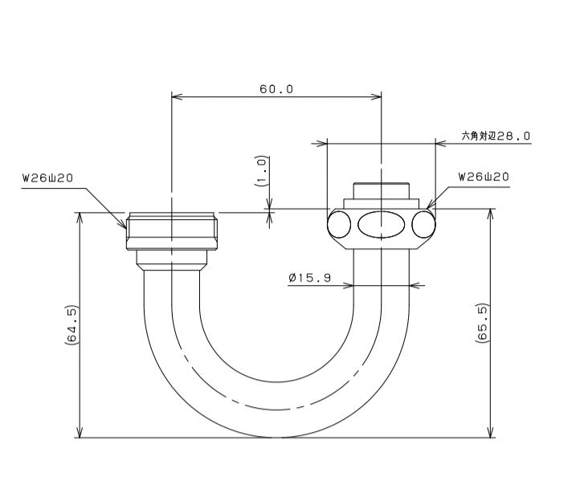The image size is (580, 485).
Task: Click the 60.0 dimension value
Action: pos(276,89)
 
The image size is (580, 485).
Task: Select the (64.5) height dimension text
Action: pos(71,325)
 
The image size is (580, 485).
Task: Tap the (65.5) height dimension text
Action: pos(483,323)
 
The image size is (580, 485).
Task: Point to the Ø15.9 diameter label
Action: pos(309,278)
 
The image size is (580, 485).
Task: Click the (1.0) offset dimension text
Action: pos(262,171)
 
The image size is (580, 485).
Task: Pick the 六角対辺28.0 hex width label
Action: pos(496,136)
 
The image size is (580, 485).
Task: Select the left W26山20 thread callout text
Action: pos(47,178)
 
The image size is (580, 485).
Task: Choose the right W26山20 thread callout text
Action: pos(484,177)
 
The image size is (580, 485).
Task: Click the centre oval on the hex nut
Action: pos(381,224)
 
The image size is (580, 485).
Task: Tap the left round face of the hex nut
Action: pos(339,224)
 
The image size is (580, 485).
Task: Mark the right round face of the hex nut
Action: pos(424,224)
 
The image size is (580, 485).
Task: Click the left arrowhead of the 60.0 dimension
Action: pos(177,97)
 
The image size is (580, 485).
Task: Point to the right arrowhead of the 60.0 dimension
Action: pos(376,97)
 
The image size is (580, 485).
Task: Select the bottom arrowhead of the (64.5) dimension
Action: pos(80,432)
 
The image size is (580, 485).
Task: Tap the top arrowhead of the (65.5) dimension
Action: pos(491,214)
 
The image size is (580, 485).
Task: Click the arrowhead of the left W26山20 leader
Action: pos(123,224)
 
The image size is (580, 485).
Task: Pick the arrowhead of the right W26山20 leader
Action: pos(430,205)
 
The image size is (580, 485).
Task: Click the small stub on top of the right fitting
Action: pos(381,191)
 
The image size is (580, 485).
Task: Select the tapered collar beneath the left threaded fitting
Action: pos(172,260)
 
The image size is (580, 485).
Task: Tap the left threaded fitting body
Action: pos(172,231)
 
